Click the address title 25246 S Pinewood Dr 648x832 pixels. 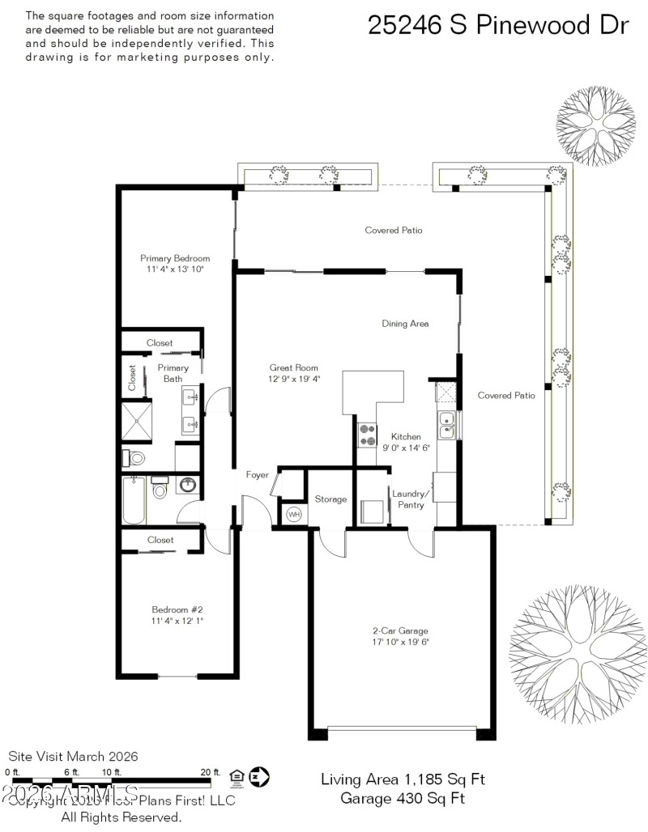(x=498, y=24)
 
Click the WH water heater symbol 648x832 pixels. (x=293, y=514)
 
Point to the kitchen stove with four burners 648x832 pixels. (x=366, y=435)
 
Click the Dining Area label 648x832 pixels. (x=405, y=324)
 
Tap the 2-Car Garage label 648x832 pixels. (x=400, y=631)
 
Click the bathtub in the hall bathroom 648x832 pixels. (x=134, y=501)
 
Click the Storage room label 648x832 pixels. (x=330, y=499)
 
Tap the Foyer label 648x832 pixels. (x=258, y=475)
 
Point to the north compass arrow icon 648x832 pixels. (x=259, y=777)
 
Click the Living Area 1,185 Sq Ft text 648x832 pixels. (x=403, y=780)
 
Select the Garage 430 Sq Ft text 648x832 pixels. (x=403, y=799)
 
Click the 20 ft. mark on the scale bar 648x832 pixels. (x=210, y=772)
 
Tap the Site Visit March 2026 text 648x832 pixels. (x=73, y=757)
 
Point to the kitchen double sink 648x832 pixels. (x=446, y=424)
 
